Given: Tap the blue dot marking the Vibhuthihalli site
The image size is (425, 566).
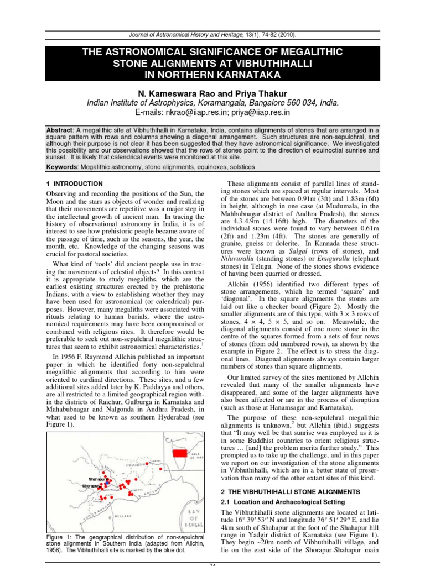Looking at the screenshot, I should tap(107, 483).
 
